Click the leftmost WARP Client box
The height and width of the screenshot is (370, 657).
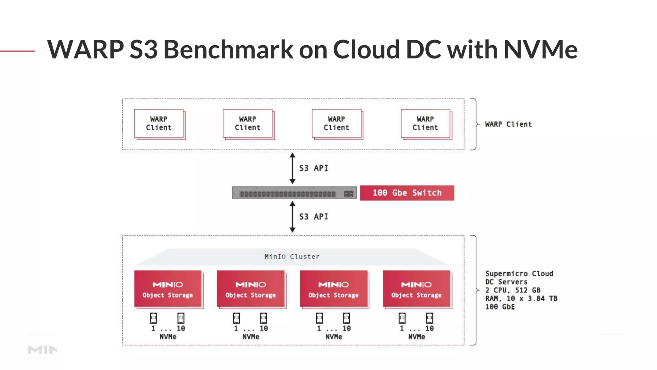click(x=159, y=124)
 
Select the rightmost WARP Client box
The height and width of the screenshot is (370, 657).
click(x=425, y=124)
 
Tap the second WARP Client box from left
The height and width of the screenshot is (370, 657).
click(x=248, y=124)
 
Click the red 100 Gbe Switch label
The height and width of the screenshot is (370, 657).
click(x=407, y=193)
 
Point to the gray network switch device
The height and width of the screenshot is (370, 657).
click(x=294, y=193)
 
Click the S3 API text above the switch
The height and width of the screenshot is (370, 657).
click(x=313, y=168)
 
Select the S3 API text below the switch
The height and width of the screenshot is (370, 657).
click(x=313, y=217)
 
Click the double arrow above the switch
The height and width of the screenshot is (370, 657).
click(x=292, y=168)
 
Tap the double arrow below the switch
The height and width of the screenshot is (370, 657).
click(x=292, y=217)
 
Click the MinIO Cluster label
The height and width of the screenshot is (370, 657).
click(x=292, y=257)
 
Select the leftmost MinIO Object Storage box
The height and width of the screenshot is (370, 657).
click(x=168, y=289)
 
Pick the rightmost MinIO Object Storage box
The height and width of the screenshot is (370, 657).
click(x=416, y=289)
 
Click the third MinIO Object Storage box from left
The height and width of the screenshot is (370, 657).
click(x=334, y=289)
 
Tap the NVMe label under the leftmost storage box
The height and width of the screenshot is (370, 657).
click(x=168, y=337)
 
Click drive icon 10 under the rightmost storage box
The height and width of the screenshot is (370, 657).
click(x=430, y=318)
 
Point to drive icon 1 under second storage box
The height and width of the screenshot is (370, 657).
click(x=236, y=318)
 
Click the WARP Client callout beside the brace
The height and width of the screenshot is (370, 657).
click(x=508, y=124)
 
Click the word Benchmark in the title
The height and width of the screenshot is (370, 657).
click(x=228, y=49)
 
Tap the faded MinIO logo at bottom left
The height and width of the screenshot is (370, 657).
click(x=43, y=349)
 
